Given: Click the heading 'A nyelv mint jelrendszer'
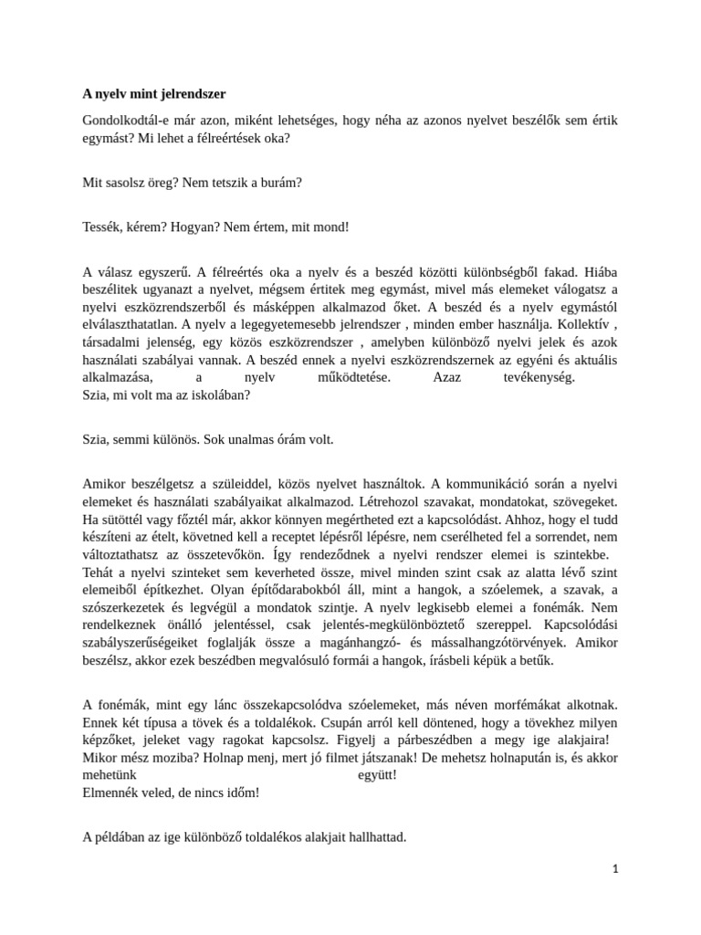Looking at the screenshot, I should click(153, 93).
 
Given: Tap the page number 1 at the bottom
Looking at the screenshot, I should click(615, 869).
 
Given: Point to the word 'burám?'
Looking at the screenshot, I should click(278, 183).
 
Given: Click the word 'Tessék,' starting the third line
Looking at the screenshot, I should click(102, 226).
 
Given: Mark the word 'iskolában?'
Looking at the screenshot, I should click(217, 395).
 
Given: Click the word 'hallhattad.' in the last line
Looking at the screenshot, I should click(373, 836).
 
